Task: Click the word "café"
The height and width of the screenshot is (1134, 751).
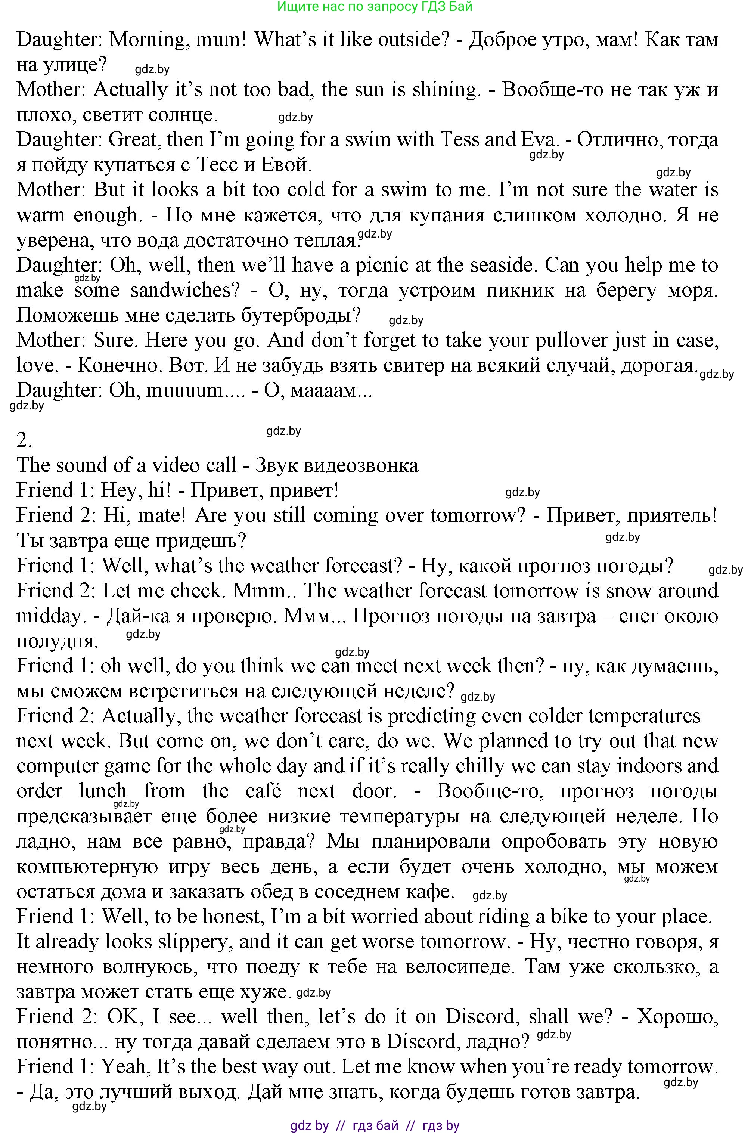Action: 263,791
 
